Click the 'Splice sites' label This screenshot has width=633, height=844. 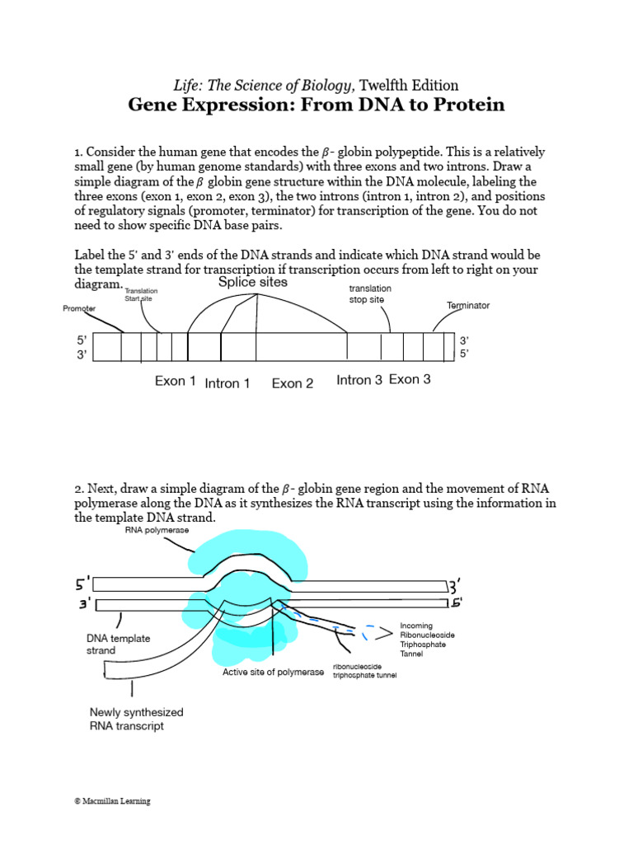(253, 283)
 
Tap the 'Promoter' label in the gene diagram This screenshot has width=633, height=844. (80, 309)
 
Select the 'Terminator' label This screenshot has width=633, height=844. (468, 306)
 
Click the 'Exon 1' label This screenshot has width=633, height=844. (176, 382)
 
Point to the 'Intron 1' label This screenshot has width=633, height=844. (227, 383)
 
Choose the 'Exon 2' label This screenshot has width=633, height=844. (293, 383)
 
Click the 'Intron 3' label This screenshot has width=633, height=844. (359, 380)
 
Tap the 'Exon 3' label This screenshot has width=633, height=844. (410, 379)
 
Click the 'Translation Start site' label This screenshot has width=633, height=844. (141, 295)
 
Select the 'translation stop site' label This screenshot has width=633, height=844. (370, 294)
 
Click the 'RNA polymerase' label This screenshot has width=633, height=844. (157, 530)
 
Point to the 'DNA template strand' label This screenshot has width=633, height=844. (124, 644)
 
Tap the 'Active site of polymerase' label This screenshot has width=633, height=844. (273, 673)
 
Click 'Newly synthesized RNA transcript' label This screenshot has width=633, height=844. (136, 719)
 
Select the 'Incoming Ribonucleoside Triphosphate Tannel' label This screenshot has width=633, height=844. (427, 640)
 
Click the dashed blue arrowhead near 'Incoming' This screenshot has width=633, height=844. (380, 634)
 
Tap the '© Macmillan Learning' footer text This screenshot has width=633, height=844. (112, 800)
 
